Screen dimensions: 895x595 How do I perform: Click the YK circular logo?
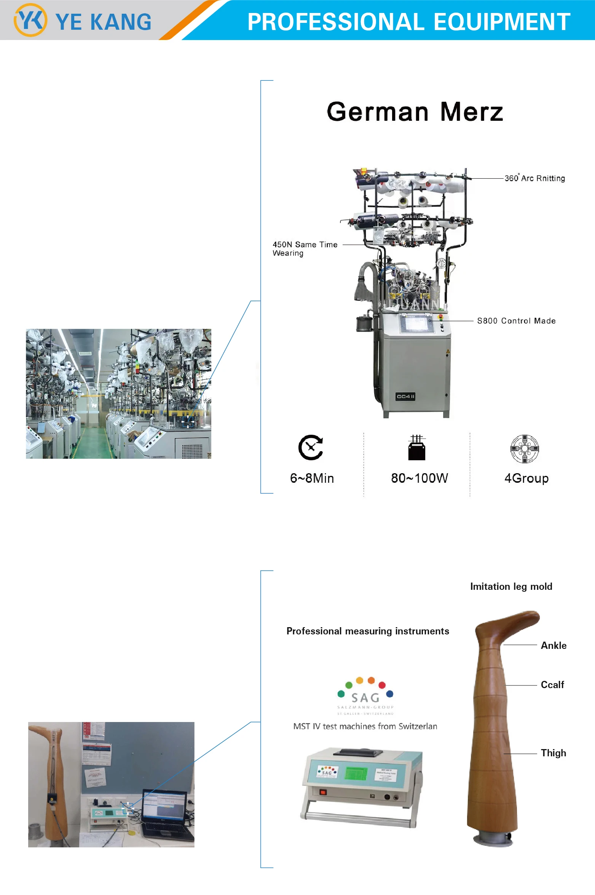point(30,20)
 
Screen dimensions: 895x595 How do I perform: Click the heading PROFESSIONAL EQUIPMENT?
point(408,22)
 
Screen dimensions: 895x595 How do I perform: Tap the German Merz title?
point(415,112)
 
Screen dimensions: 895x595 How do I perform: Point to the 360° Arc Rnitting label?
point(534,178)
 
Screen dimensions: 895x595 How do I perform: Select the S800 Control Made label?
point(516,321)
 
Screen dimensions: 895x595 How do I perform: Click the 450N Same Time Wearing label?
point(305,248)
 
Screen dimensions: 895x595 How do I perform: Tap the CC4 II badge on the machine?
point(405,397)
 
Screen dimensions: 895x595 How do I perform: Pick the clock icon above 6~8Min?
point(311,447)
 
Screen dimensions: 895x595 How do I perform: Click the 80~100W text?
point(420,478)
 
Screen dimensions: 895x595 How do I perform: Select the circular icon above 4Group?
point(525,448)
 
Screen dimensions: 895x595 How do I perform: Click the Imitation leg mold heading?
point(511,586)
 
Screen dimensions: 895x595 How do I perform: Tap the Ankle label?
point(554,645)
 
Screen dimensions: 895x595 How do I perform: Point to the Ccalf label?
point(552,685)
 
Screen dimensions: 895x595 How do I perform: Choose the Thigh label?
point(553,753)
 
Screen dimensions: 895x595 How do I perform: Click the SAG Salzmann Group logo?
point(365,696)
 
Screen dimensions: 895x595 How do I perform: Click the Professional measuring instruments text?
point(368,631)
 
